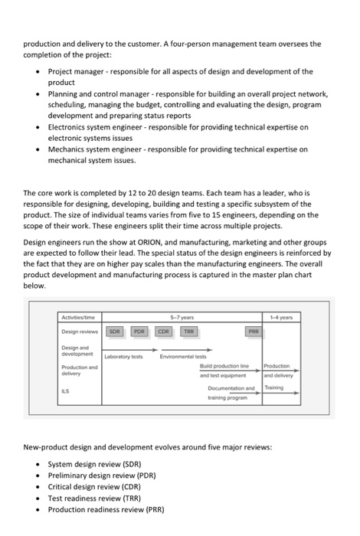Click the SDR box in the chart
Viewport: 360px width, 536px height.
tap(114, 332)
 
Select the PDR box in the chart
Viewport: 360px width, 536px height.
tap(139, 332)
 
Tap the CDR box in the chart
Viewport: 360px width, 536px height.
tap(164, 332)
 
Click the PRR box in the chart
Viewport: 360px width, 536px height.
tap(254, 332)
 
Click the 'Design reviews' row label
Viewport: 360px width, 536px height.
tap(80, 332)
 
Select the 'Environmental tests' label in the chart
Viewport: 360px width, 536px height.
tap(185, 357)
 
